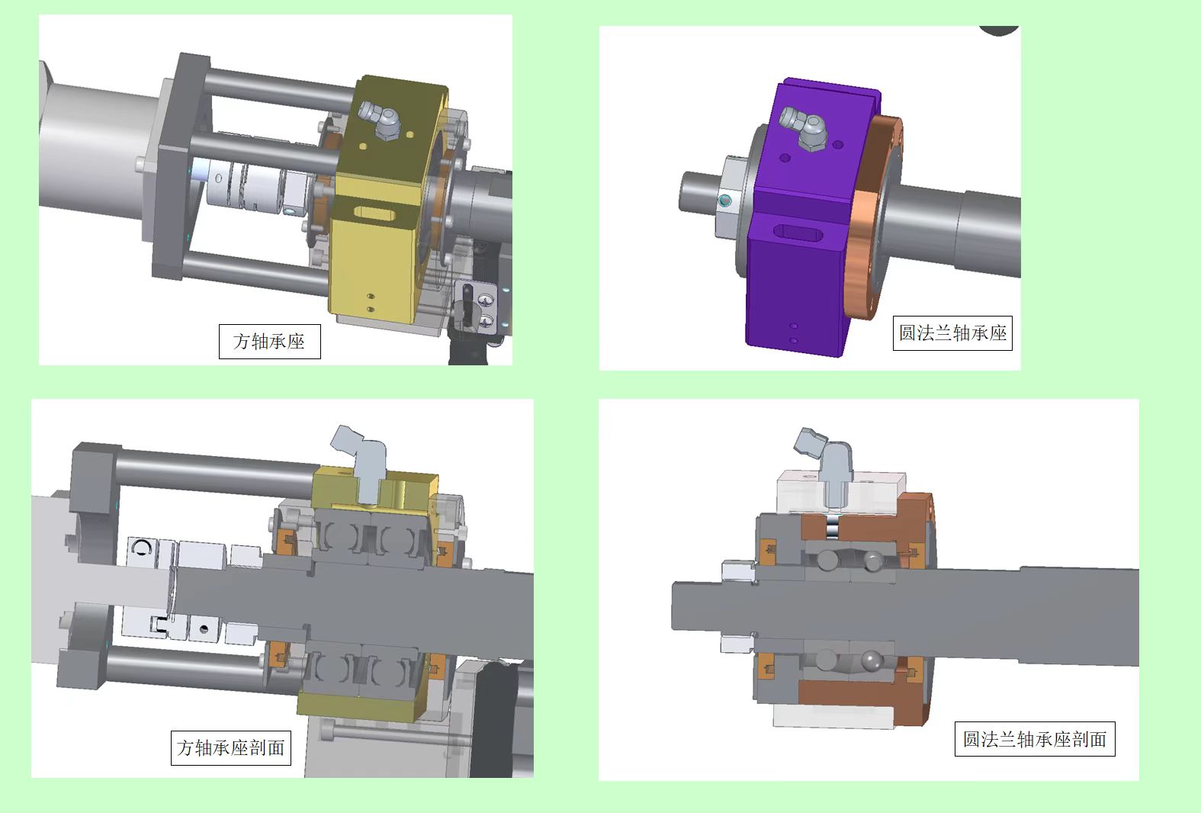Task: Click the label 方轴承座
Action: [x=269, y=342]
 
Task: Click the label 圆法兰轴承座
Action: [x=952, y=333]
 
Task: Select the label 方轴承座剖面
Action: [x=230, y=747]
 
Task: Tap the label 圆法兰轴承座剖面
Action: [x=1034, y=739]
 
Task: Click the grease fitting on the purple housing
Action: [x=804, y=128]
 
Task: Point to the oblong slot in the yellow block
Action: [x=374, y=214]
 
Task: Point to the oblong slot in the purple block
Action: [x=796, y=233]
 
